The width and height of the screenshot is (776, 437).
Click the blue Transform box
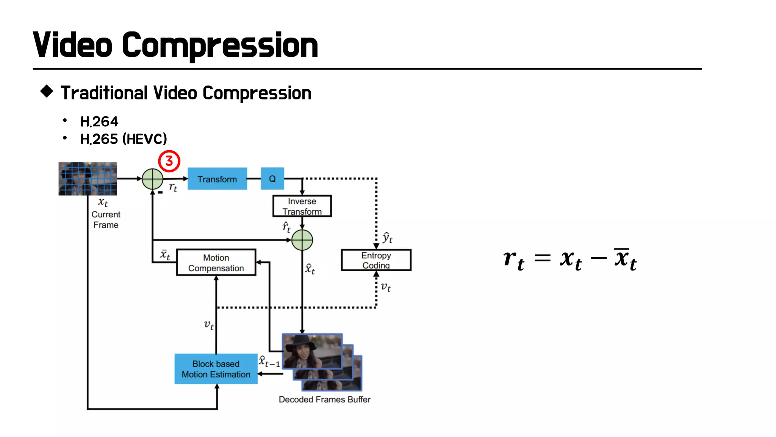point(217,179)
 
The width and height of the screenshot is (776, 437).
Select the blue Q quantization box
point(272,179)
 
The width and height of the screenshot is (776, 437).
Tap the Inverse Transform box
point(302,206)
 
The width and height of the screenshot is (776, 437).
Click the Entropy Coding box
point(376,260)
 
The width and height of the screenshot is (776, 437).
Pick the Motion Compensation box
point(216,263)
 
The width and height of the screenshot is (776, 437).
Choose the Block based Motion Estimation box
point(216,369)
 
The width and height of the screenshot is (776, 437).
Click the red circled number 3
point(169,161)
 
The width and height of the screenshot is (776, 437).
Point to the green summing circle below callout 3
point(152,179)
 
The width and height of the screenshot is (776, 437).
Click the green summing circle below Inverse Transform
point(302,240)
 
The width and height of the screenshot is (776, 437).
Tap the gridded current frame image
point(88,179)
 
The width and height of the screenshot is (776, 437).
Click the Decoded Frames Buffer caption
point(324,399)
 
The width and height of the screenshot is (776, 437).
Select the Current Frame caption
point(106,220)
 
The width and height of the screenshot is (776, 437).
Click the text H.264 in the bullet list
point(99,122)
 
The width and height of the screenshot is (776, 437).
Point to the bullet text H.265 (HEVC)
point(124,139)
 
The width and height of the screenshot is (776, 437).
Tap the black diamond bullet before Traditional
point(47,91)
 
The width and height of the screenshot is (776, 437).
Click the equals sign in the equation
point(542,258)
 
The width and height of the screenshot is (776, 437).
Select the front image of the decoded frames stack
point(312,351)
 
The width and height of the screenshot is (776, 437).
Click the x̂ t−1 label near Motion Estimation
point(269,362)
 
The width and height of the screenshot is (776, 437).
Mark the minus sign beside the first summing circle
point(160,193)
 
